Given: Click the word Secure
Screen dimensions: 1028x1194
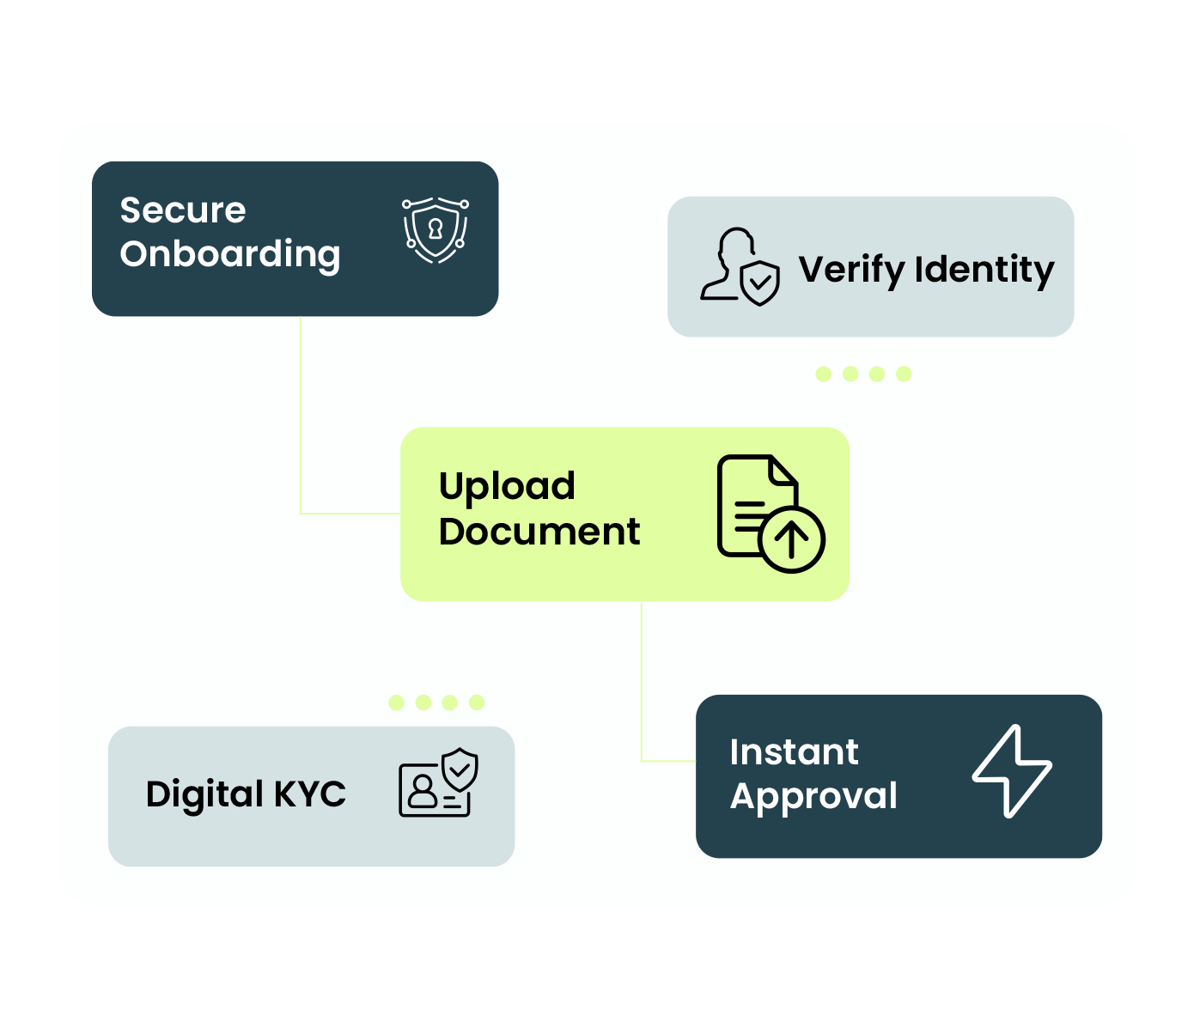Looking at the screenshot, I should click(x=182, y=210).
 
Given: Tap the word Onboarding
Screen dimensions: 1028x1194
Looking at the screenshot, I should click(x=230, y=254).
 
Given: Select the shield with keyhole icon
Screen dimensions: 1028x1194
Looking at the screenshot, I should click(x=436, y=230).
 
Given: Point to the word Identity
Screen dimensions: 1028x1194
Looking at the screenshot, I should click(x=984, y=270).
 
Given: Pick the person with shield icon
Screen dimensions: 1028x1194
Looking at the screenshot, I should click(x=740, y=267).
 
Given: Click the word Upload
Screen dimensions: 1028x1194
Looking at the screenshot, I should click(x=507, y=487).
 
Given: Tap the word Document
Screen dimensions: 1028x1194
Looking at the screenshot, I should click(x=539, y=532).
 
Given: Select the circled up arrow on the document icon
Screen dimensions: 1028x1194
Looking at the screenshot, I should click(x=792, y=539).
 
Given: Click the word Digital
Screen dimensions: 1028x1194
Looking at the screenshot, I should click(x=204, y=794).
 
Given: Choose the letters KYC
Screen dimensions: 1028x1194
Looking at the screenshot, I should click(x=310, y=794).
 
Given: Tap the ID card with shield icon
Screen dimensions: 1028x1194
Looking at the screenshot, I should click(x=438, y=782).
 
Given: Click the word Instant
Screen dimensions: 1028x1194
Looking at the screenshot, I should click(x=794, y=752).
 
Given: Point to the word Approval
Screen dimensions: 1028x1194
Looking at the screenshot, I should click(x=813, y=796).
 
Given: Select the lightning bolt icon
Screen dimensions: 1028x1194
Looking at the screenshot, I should click(x=1012, y=771).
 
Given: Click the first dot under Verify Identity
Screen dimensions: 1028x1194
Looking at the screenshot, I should click(x=824, y=374).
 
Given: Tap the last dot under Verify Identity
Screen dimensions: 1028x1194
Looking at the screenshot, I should click(x=904, y=374).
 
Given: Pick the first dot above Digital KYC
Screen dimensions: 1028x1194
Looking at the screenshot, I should click(x=396, y=703).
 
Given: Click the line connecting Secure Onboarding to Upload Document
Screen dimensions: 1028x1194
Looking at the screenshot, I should click(x=301, y=412).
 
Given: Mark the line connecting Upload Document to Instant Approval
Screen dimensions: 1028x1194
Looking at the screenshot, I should click(x=642, y=678).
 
